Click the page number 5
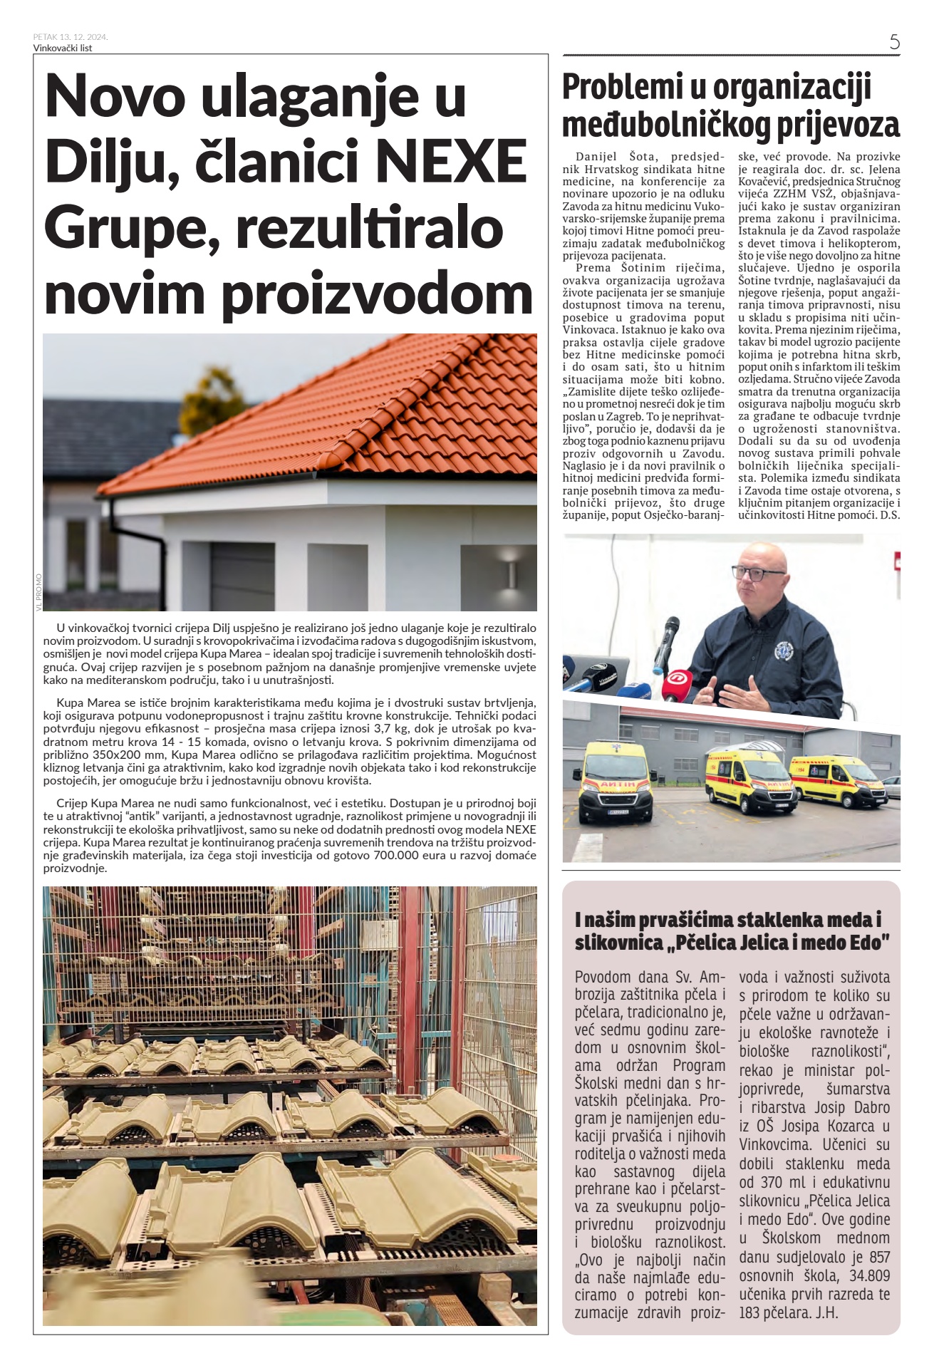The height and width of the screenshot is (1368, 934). point(894,41)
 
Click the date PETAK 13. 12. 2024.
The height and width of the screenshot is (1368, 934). point(71,36)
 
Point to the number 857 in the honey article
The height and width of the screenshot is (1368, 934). point(876,1258)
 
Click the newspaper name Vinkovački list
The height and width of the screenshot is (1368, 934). point(63,48)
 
